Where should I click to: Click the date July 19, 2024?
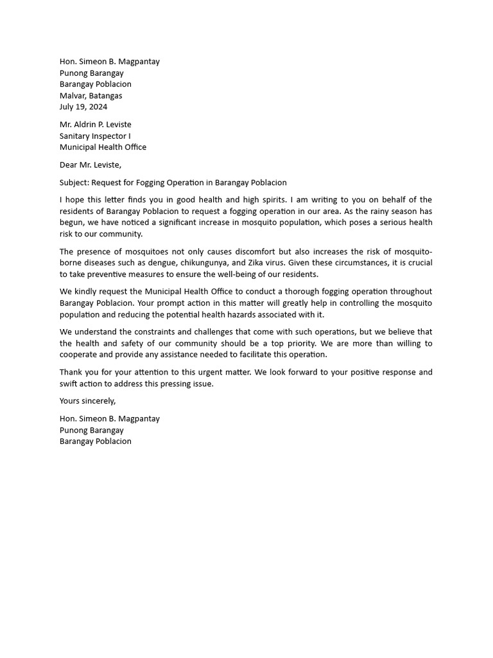click(83, 107)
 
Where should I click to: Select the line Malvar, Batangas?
click(91, 96)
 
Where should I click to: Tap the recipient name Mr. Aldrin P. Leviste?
click(96, 124)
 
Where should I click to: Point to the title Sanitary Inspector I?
click(95, 136)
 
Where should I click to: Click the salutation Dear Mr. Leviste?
click(91, 164)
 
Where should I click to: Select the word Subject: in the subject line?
click(74, 182)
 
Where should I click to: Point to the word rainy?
click(382, 211)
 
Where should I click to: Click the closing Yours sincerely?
click(88, 400)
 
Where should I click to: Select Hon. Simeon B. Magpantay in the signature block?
click(110, 418)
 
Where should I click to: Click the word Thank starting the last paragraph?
click(71, 372)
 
